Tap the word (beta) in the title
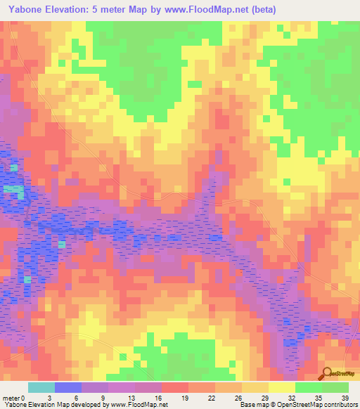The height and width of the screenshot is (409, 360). (260, 10)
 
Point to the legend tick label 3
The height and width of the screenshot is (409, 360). (49, 397)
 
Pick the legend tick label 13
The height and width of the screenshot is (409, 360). (131, 397)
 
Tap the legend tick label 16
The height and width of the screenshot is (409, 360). (158, 397)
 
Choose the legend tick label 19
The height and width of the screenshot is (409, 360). (186, 397)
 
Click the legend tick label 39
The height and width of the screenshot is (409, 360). (347, 397)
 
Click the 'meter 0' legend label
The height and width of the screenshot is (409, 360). (14, 397)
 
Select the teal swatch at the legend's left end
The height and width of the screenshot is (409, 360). (41, 387)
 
